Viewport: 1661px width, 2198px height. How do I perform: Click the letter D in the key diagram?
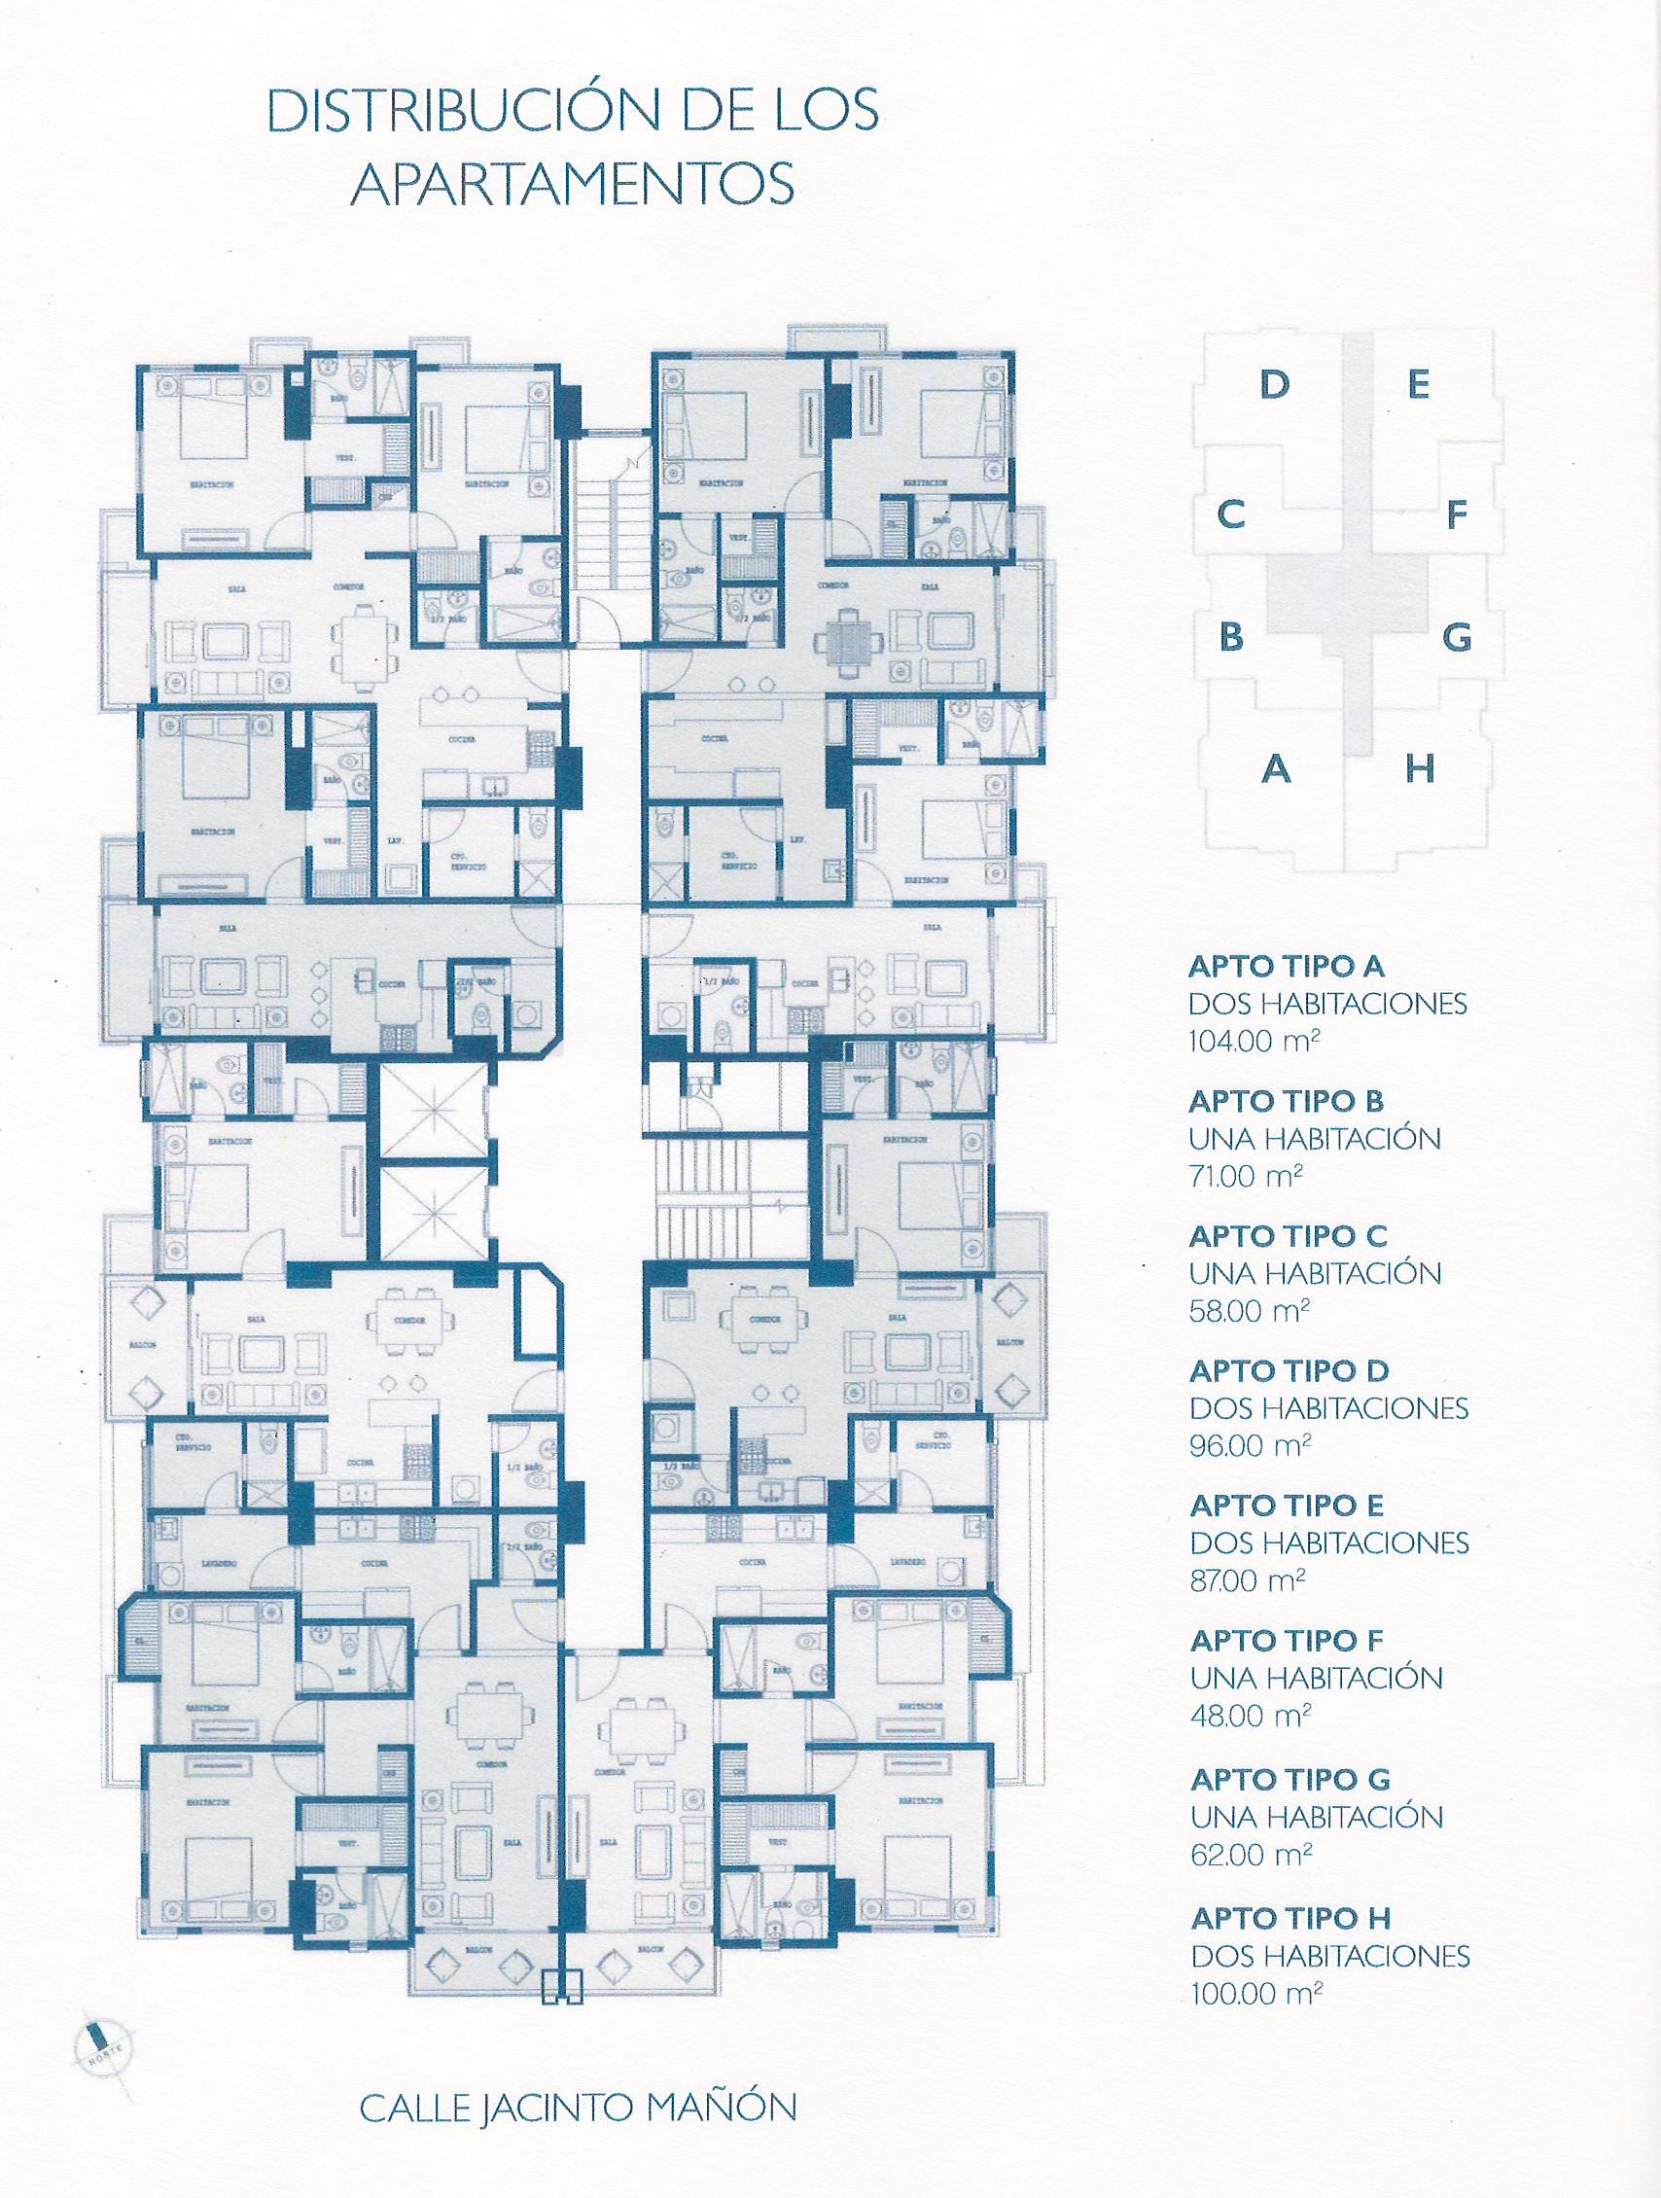[x=1274, y=383]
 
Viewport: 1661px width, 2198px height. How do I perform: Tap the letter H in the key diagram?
[x=1420, y=768]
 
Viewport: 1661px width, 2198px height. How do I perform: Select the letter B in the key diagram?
[x=1231, y=636]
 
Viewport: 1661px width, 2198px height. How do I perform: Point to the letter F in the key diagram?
[x=1457, y=514]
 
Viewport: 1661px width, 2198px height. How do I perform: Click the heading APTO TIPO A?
[x=1287, y=966]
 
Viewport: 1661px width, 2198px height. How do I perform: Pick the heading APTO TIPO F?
[x=1287, y=1641]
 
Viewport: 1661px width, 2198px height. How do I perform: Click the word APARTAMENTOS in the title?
[x=573, y=186]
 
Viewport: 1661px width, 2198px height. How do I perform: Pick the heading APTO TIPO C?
[x=1288, y=1236]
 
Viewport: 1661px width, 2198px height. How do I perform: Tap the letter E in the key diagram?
[x=1419, y=383]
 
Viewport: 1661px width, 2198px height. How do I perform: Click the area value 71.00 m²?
[x=1247, y=1176]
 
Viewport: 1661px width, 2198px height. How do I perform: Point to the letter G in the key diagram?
[x=1457, y=636]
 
